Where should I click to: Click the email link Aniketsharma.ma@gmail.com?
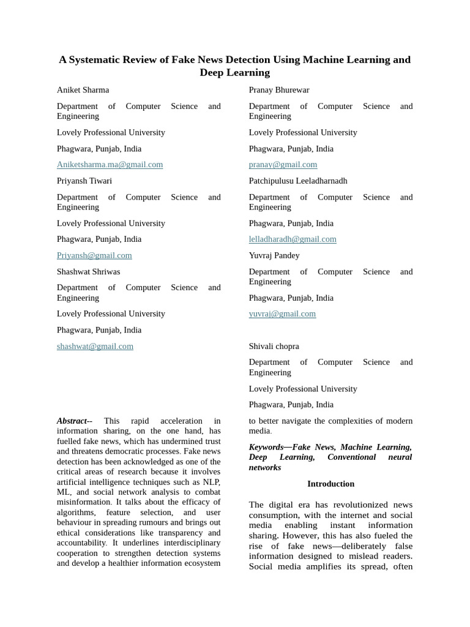[x=110, y=165]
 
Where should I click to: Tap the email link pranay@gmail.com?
[x=283, y=165]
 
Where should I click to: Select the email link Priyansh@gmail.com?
[x=94, y=255]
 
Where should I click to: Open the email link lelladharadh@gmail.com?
[x=293, y=239]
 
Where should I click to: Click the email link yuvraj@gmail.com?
[x=282, y=314]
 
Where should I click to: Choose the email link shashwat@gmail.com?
[x=95, y=347]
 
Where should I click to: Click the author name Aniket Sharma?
[x=83, y=90]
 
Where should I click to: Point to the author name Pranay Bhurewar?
[x=278, y=90]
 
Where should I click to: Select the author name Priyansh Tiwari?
[x=84, y=181]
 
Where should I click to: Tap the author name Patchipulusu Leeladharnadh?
[x=297, y=181]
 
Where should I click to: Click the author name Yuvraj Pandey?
[x=274, y=255]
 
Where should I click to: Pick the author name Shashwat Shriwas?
[x=88, y=272]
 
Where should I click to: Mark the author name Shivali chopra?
[x=274, y=347]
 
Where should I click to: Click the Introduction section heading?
[x=330, y=484]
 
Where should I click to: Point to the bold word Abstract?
[x=73, y=421]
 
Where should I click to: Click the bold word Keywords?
[x=266, y=448]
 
